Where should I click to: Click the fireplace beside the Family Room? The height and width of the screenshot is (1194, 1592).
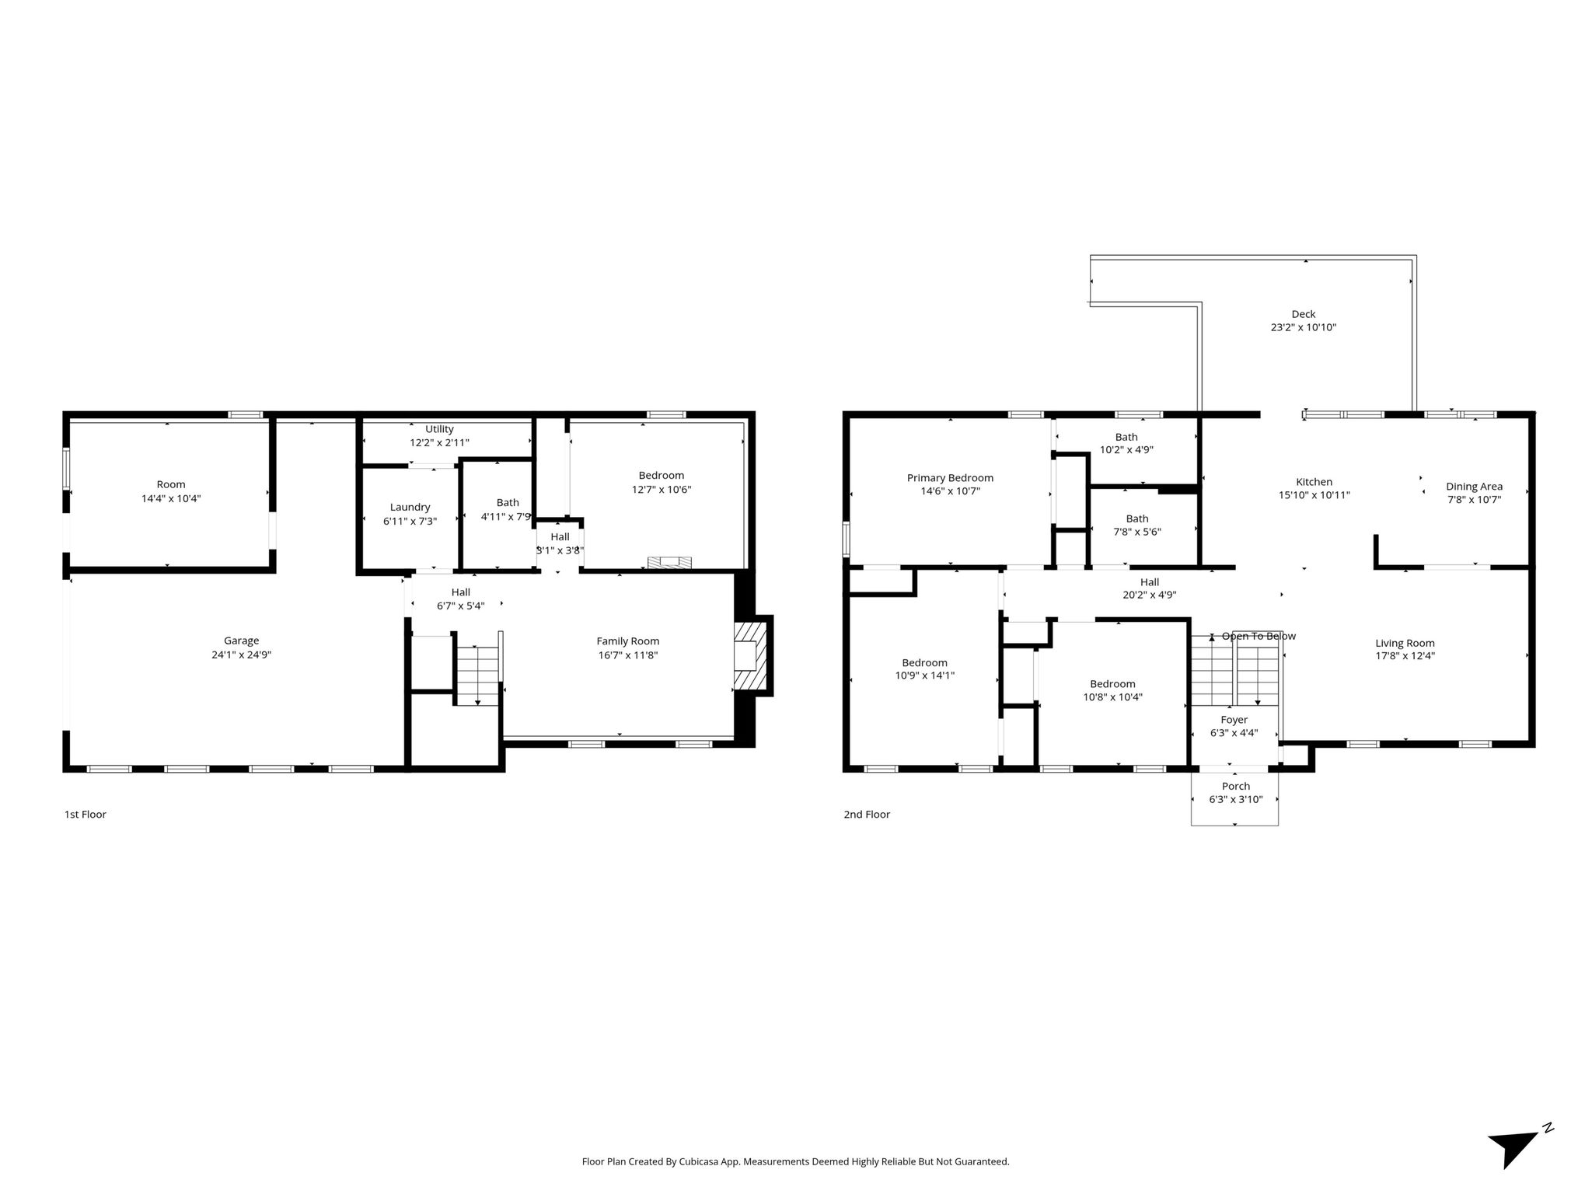[752, 655]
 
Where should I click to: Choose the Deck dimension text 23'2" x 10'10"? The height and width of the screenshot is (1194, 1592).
[1304, 327]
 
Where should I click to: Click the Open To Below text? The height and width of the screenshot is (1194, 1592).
[1259, 636]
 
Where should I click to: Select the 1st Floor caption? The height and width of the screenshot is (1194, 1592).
[85, 814]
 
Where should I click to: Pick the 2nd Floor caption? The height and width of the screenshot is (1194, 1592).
[867, 814]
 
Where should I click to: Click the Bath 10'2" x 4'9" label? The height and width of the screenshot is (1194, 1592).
[1126, 443]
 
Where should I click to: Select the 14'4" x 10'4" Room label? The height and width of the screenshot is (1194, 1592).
[171, 491]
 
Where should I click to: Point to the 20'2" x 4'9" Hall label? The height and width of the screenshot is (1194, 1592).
[1150, 588]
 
